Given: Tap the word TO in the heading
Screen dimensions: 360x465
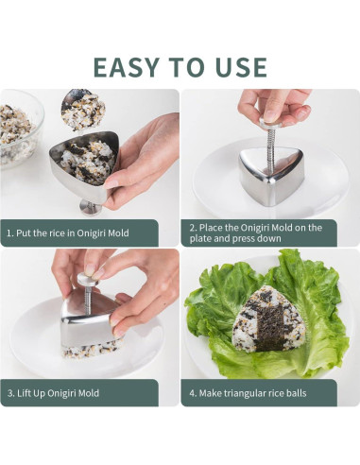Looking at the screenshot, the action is (187, 67).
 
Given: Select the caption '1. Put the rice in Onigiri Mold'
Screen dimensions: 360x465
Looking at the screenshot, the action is (68, 233).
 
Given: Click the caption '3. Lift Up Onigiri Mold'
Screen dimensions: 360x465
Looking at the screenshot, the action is (53, 393).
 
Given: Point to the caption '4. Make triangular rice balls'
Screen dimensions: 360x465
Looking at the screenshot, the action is (248, 393).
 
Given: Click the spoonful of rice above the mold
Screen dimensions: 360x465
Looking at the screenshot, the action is (81, 110).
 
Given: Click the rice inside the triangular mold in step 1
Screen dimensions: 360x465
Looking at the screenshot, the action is (87, 161).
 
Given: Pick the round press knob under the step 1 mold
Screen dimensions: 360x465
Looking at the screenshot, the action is (90, 207).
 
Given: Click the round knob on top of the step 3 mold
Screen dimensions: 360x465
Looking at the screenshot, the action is (85, 280).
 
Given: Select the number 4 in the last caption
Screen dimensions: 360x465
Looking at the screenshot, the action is (192, 393).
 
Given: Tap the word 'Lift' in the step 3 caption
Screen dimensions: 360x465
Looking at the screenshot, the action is (24, 393).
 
